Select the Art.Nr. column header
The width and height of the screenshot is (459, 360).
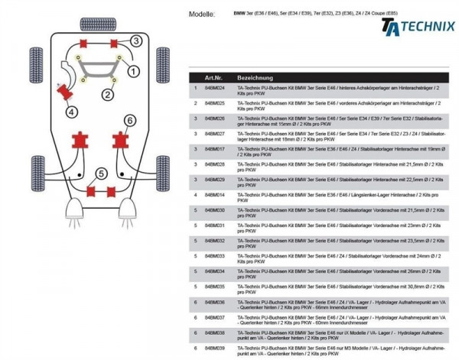tap(214, 79)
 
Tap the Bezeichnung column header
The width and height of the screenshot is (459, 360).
tap(256, 79)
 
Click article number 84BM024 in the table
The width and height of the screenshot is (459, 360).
tap(215, 89)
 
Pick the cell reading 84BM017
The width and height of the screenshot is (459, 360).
tap(215, 149)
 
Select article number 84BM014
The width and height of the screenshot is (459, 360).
tap(215, 195)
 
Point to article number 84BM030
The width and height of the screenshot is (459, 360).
tap(215, 210)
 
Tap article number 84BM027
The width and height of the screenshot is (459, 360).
tap(215, 134)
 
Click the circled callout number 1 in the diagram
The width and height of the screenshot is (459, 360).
tap(133, 71)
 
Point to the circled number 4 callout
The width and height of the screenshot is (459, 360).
tap(71, 112)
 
